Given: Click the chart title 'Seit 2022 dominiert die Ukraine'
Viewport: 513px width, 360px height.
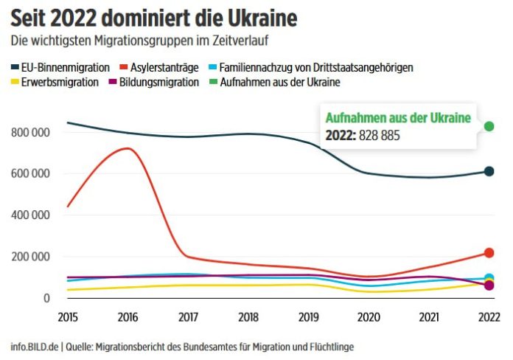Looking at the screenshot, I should click(148, 17).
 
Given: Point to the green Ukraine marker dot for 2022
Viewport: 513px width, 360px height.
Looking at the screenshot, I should click(489, 126).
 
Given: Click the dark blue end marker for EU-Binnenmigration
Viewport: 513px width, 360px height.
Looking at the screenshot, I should click(489, 171).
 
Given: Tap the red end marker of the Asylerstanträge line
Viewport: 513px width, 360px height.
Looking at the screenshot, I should click(489, 253).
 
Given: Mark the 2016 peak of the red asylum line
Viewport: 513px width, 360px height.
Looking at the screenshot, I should click(129, 148).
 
